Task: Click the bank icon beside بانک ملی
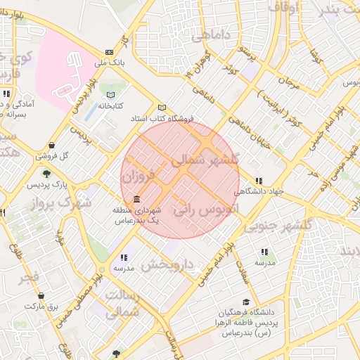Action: (x=109, y=52)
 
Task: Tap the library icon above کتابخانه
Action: (x=109, y=95)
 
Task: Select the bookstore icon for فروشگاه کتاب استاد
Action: (x=162, y=108)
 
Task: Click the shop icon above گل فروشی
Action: (x=53, y=146)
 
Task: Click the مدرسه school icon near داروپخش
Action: (x=124, y=257)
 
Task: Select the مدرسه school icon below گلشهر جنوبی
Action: (x=264, y=252)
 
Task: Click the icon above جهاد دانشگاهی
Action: (x=259, y=181)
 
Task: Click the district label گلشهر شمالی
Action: (x=205, y=160)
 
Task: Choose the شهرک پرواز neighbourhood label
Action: (x=63, y=203)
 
